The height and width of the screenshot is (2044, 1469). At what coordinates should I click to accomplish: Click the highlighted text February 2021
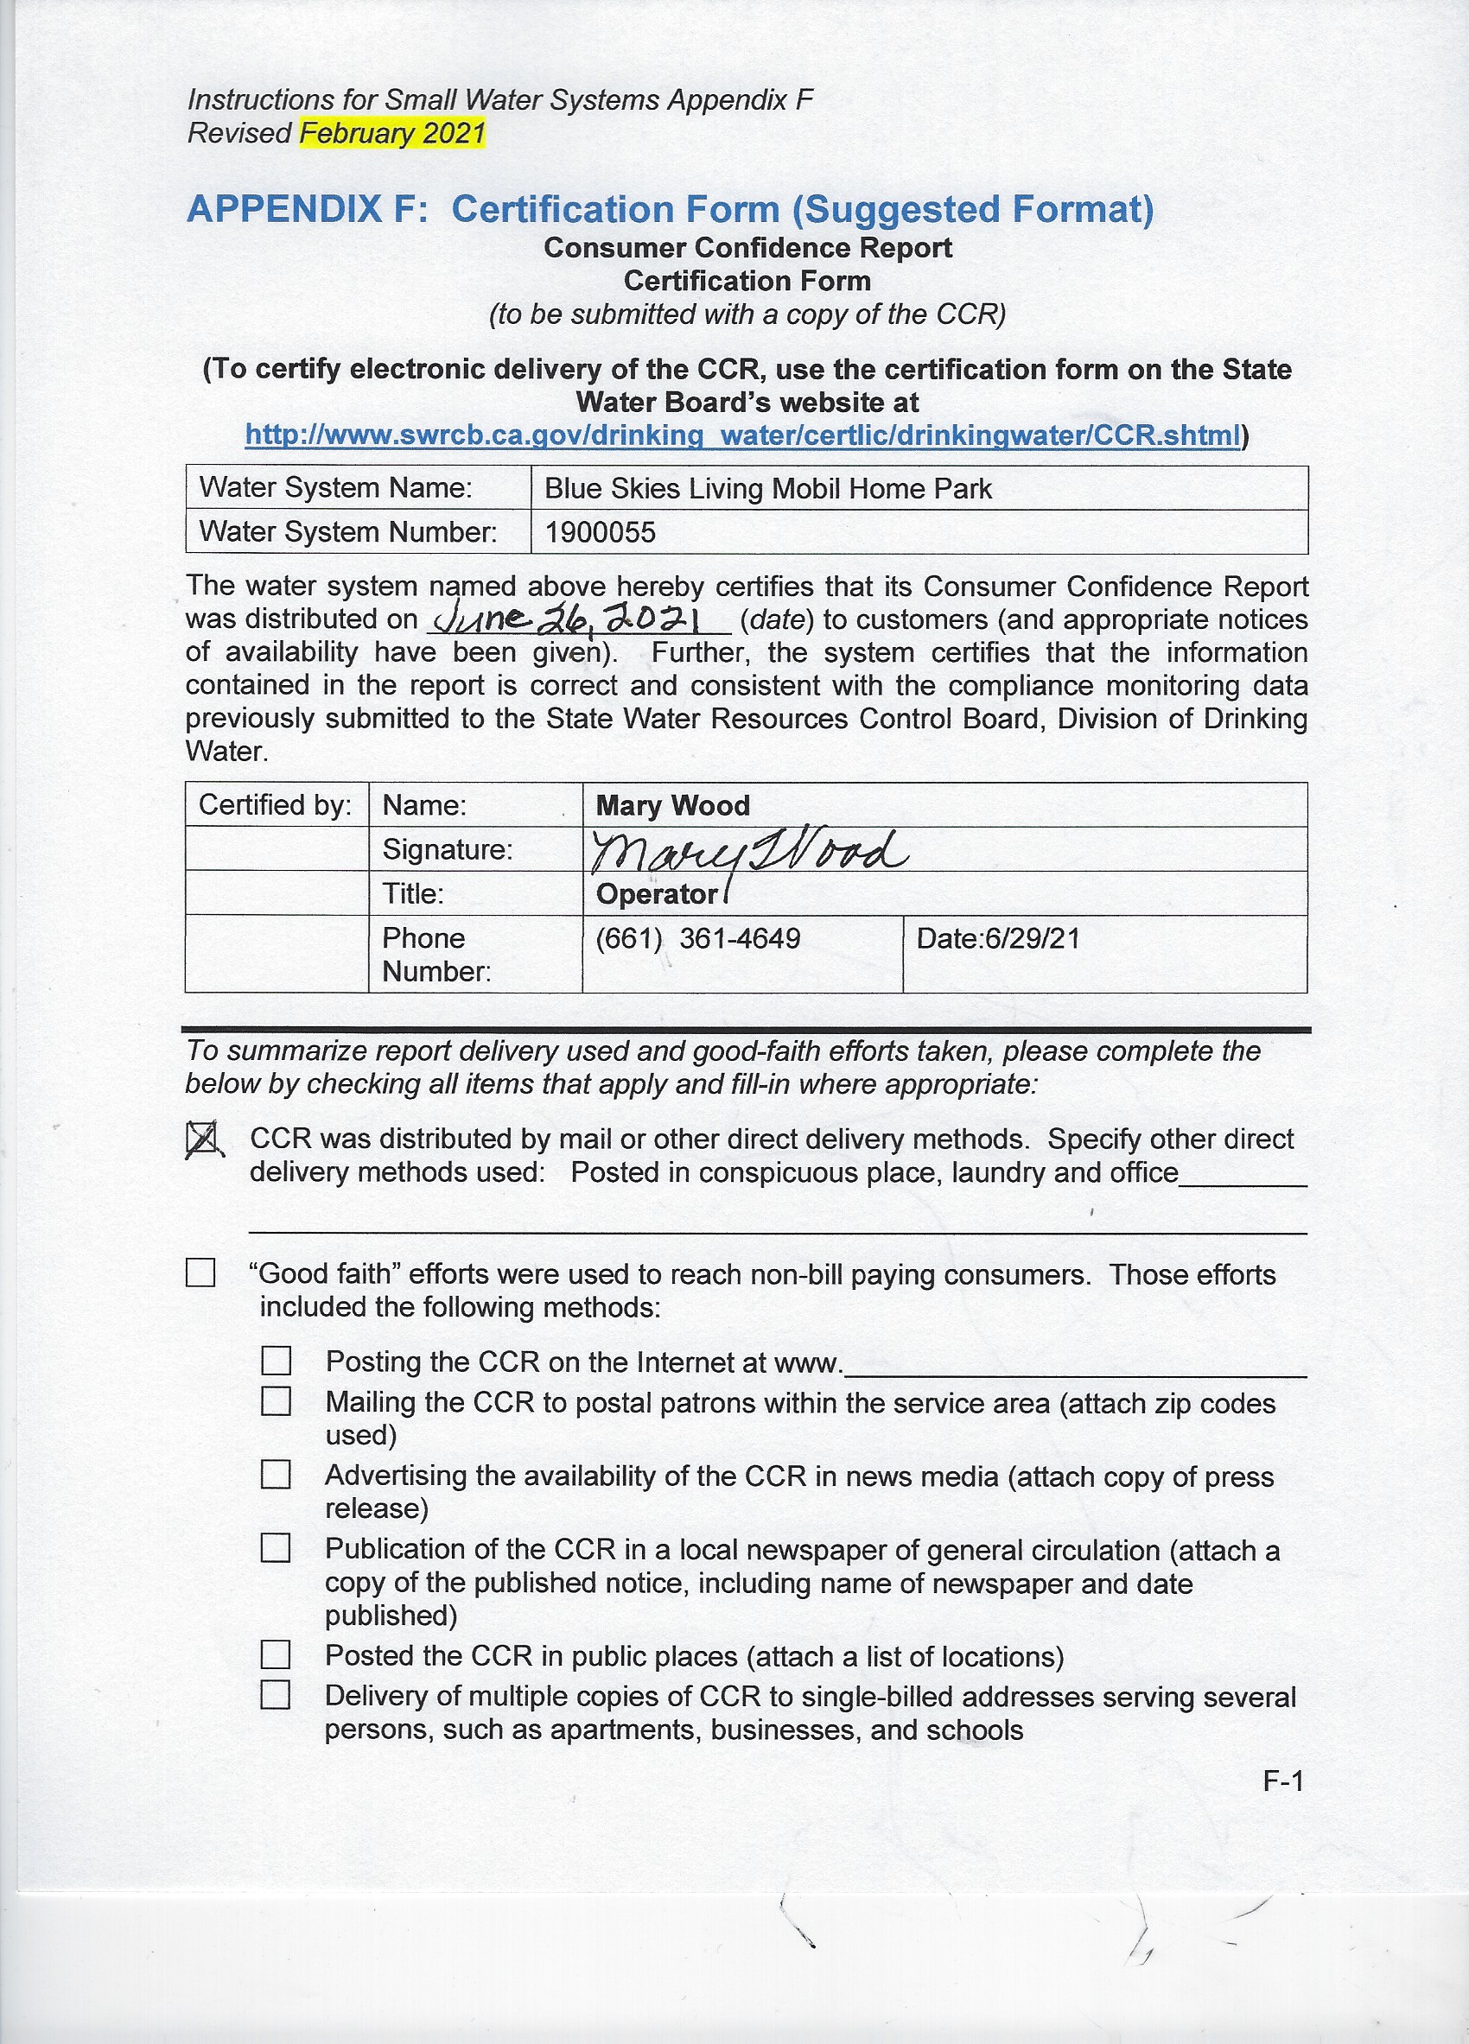click(392, 133)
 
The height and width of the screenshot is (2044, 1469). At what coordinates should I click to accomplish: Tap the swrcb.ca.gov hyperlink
click(742, 436)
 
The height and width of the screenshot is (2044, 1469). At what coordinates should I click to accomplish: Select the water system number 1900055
click(601, 533)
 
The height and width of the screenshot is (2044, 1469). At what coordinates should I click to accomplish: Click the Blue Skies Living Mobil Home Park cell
click(768, 488)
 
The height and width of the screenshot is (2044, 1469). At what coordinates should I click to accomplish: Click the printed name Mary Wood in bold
click(672, 806)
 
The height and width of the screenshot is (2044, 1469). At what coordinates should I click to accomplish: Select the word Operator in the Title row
click(656, 894)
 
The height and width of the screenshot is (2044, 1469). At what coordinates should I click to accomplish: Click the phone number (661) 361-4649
click(697, 939)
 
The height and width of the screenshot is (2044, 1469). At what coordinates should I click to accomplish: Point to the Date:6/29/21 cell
click(998, 939)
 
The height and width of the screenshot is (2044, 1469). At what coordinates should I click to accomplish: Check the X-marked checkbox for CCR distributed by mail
click(202, 1140)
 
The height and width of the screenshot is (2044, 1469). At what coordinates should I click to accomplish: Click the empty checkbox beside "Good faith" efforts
click(200, 1273)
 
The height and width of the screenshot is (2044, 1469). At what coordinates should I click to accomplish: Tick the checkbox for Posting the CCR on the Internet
click(276, 1361)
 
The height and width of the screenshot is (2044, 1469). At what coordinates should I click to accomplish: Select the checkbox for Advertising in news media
click(276, 1476)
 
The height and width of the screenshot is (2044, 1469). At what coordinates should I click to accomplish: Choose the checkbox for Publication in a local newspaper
click(276, 1548)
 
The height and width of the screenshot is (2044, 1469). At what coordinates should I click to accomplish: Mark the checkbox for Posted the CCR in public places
click(276, 1654)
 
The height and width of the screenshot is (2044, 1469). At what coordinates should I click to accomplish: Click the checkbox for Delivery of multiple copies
click(276, 1695)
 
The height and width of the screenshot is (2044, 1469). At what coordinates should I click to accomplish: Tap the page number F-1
click(1283, 1781)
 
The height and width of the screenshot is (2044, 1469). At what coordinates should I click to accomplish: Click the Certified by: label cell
click(275, 805)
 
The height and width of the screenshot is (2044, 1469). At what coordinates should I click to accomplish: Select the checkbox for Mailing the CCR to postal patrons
click(276, 1401)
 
